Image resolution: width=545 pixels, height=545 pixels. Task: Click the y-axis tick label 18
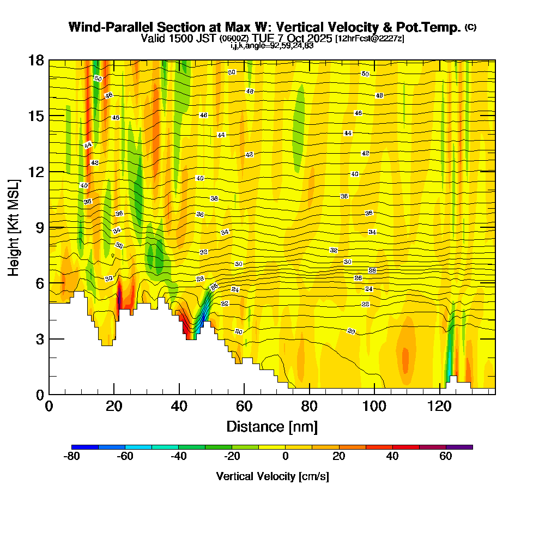[x=36, y=60]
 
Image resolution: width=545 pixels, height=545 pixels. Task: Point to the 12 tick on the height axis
[x=36, y=172]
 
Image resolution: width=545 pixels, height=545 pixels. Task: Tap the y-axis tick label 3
[x=40, y=339]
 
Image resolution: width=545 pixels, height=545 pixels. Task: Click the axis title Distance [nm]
[x=272, y=426]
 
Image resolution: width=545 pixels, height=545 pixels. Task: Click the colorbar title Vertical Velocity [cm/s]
[x=272, y=476]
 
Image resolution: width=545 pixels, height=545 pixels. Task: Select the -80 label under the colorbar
[x=72, y=457]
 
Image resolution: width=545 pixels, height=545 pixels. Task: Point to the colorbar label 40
[x=392, y=457]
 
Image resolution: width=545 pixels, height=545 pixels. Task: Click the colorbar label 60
[x=446, y=457]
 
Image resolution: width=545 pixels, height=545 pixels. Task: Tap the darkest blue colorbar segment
[x=85, y=447]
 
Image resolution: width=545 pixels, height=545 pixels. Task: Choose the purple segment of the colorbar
[x=459, y=447]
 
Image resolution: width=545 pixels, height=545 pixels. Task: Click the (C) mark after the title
[x=471, y=27]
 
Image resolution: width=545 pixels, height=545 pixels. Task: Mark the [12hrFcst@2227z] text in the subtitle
[x=370, y=38]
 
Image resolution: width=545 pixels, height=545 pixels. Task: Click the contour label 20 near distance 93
[x=352, y=331]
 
